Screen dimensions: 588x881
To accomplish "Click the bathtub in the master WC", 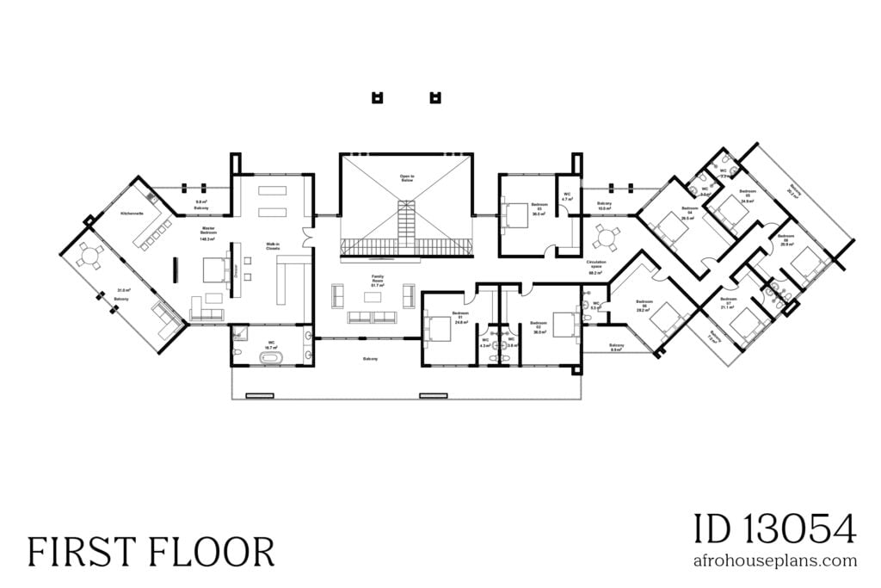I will pos(271,355).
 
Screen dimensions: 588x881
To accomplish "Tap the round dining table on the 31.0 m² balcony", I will pos(88,255).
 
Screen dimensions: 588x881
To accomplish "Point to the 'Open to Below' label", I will pos(406,178).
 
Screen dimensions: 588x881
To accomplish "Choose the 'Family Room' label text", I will pos(377,280).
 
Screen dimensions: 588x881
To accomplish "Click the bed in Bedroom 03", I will pos(518,215).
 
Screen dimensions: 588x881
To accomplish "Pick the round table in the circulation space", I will pos(606,234).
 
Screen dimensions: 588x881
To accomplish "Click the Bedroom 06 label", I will pos(786,238).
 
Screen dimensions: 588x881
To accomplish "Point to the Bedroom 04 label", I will pos(689,211).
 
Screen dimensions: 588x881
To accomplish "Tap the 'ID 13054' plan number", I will pos(774,528).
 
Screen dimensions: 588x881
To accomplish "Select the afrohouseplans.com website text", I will pos(774,560).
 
